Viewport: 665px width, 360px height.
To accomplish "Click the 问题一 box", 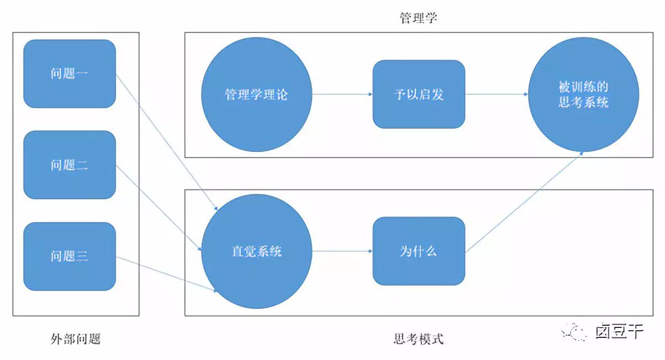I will [70, 73].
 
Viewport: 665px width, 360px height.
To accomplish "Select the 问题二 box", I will [70, 165].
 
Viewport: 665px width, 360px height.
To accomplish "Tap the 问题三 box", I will [70, 256].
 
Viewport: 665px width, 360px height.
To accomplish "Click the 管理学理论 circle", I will [256, 94].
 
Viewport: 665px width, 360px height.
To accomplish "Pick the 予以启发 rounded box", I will [419, 94].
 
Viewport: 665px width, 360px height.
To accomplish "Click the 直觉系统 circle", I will [256, 251].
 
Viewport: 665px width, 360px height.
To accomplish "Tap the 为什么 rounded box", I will [419, 251].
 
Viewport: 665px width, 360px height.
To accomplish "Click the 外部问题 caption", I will [75, 338].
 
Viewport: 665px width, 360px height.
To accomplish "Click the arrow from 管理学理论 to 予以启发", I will [342, 94].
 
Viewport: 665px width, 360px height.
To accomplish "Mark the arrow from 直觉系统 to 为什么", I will [342, 251].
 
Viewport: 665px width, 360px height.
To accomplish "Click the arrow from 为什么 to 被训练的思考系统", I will [525, 202].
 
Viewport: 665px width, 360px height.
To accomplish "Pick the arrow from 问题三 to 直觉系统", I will [166, 273].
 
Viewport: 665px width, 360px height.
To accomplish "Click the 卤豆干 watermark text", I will [619, 331].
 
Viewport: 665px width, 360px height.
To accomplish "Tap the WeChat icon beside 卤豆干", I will [574, 331].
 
